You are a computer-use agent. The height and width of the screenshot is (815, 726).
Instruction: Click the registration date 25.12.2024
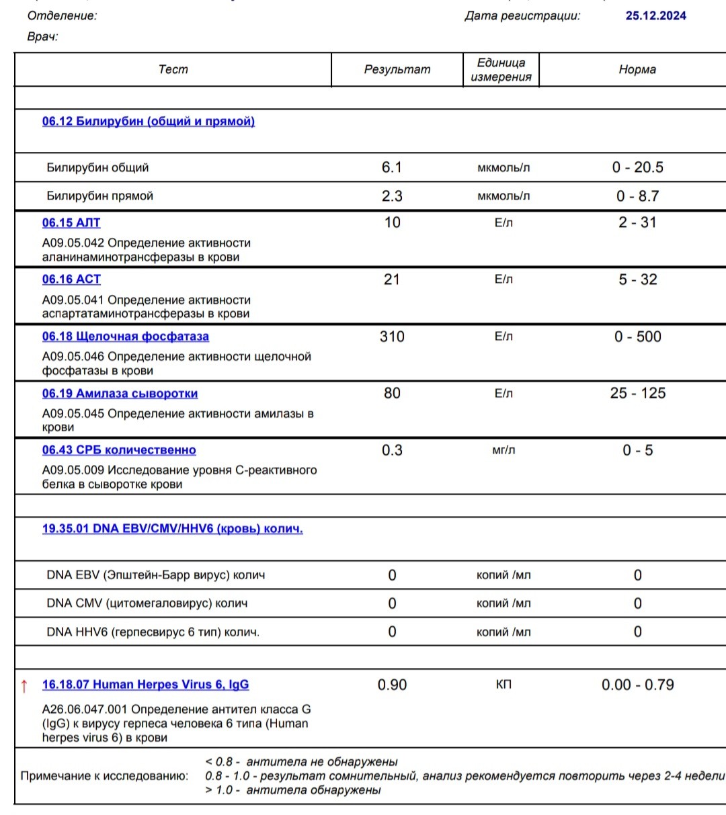click(x=655, y=16)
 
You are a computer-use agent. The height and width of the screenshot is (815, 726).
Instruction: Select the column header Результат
click(x=397, y=70)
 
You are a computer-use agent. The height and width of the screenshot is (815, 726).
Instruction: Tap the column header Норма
click(x=637, y=70)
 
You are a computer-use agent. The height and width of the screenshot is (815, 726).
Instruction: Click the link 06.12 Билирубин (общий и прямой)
click(x=148, y=122)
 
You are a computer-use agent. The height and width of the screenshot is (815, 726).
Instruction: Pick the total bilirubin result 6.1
click(x=391, y=167)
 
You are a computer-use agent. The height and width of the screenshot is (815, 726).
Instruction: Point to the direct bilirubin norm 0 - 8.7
click(x=637, y=196)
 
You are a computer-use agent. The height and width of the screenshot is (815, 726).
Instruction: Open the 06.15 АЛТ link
click(x=71, y=222)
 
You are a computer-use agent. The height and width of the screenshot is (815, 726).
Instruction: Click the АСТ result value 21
click(x=391, y=280)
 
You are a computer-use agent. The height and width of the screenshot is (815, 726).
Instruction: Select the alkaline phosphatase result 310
click(x=392, y=337)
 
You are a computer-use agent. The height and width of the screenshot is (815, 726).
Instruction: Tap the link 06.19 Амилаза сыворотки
click(x=120, y=394)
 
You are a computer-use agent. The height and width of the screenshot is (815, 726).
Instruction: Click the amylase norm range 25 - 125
click(x=637, y=394)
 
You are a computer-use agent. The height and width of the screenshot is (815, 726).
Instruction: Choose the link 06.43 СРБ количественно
click(x=119, y=450)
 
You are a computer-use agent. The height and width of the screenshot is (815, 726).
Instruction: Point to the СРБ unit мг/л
click(x=503, y=450)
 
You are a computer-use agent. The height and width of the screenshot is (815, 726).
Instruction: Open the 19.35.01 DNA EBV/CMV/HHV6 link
click(x=172, y=529)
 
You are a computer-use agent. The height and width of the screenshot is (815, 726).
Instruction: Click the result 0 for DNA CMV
click(x=392, y=603)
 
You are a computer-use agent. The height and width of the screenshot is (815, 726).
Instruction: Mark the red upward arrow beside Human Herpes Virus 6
click(x=24, y=686)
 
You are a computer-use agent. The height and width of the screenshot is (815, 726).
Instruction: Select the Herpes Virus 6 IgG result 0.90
click(x=392, y=685)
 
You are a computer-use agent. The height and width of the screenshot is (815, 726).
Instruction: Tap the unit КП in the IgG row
click(x=503, y=685)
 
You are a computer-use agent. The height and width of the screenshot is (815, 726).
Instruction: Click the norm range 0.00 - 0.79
click(x=637, y=685)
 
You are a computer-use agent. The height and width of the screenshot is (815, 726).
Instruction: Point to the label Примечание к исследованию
click(x=104, y=776)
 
